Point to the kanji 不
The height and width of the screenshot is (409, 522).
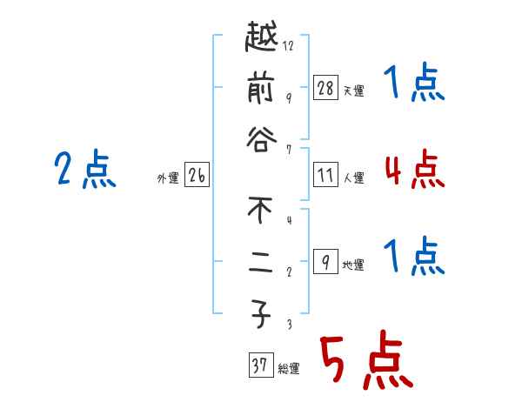(x=262, y=211)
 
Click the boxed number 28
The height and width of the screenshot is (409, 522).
(x=325, y=87)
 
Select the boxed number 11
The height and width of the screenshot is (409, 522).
(x=325, y=175)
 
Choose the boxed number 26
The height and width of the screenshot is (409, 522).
(x=197, y=176)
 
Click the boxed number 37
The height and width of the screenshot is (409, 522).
(x=259, y=366)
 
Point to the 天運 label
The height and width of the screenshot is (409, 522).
(x=353, y=91)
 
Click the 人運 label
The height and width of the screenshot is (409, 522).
(x=353, y=178)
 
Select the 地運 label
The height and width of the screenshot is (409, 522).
(x=353, y=265)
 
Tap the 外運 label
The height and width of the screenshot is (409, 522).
(x=168, y=178)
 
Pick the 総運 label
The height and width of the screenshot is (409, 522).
(x=288, y=369)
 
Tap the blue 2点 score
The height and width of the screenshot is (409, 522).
(x=85, y=169)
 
